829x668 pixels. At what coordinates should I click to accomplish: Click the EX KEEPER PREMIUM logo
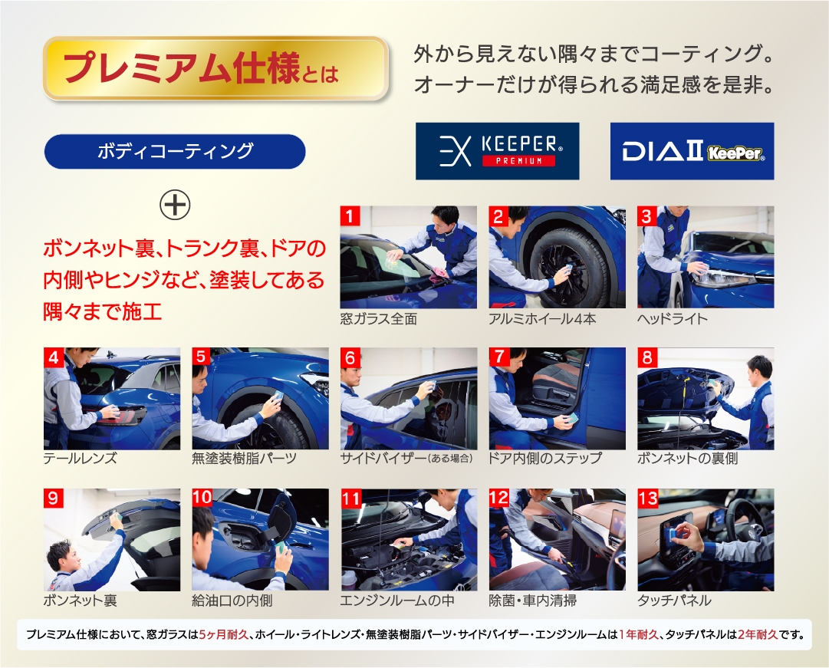point(497,151)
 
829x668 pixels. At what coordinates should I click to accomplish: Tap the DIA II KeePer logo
point(692,151)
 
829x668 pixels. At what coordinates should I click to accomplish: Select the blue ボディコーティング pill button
point(175,152)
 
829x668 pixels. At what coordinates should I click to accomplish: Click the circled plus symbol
point(175,206)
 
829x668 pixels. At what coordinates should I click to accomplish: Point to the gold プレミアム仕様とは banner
point(215,68)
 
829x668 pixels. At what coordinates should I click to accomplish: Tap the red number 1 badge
point(350,216)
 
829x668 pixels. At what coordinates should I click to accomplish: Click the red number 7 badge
point(498,357)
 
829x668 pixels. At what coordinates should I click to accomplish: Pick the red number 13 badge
point(648,499)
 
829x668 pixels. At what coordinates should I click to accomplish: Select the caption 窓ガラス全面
point(379,319)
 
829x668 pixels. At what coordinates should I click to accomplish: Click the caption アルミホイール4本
point(542,319)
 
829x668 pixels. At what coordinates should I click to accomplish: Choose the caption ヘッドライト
point(673,319)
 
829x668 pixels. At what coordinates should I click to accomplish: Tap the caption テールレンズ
point(80,459)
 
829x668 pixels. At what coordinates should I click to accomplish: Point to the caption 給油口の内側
point(232,601)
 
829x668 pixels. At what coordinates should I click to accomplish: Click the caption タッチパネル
point(675,601)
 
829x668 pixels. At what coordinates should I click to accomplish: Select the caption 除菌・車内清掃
point(533,601)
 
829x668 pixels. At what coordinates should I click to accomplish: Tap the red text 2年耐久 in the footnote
point(758,634)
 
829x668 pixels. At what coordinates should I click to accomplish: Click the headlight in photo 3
point(723,278)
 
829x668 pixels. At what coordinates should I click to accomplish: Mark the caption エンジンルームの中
point(397,601)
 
